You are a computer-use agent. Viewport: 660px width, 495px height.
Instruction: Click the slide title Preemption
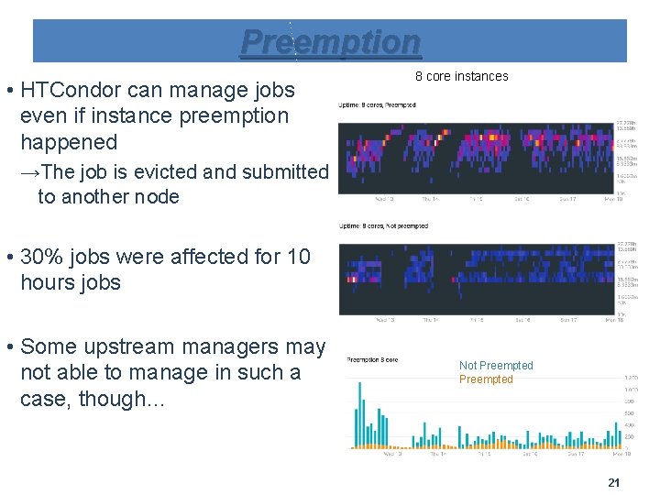pos(330,41)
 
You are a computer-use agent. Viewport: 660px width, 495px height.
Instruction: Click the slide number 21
pos(614,483)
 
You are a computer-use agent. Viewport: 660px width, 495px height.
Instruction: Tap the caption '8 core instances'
pos(461,76)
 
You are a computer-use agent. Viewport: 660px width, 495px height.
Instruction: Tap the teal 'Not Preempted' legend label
pos(495,366)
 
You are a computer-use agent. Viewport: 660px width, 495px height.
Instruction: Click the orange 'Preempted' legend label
pos(486,379)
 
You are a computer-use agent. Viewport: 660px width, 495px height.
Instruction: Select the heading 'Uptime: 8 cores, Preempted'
pos(377,105)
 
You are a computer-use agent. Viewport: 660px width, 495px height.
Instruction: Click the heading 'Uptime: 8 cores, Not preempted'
pos(383,225)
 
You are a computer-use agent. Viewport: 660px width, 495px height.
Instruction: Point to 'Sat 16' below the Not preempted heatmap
pos(522,320)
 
